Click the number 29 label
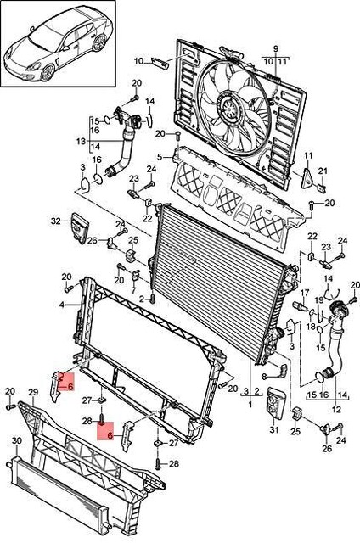pyautogui.click(x=33, y=392)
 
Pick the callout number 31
pyautogui.click(x=274, y=430)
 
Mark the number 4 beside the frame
pyautogui.click(x=62, y=303)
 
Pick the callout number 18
pyautogui.click(x=311, y=326)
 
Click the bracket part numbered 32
pyautogui.click(x=80, y=227)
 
